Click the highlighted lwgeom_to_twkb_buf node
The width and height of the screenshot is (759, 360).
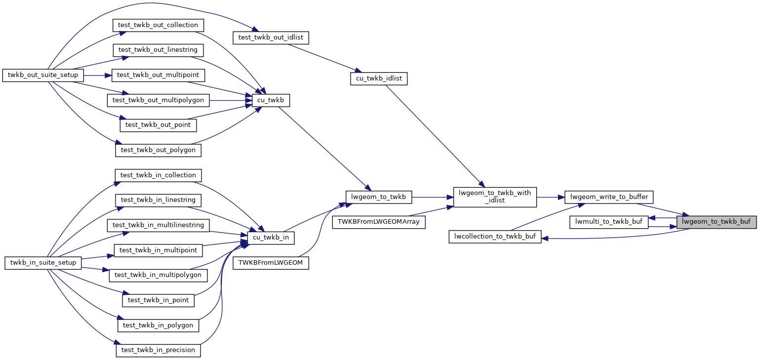pyautogui.click(x=716, y=222)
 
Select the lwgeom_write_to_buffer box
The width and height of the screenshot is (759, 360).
pyautogui.click(x=609, y=197)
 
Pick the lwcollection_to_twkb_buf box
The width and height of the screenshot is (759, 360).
pyautogui.click(x=495, y=236)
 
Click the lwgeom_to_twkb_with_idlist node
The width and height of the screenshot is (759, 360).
pyautogui.click(x=495, y=197)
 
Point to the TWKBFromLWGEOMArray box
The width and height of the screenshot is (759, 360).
pyautogui.click(x=379, y=222)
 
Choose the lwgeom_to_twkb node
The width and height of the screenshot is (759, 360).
pyautogui.click(x=378, y=197)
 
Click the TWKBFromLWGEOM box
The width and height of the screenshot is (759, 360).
pyautogui.click(x=274, y=263)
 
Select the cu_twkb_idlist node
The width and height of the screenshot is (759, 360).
pyautogui.click(x=379, y=78)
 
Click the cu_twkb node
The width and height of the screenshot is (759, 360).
pyautogui.click(x=271, y=100)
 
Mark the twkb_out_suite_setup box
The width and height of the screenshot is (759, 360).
pyautogui.click(x=43, y=75)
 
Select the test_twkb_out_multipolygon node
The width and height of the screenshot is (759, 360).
pyautogui.click(x=158, y=100)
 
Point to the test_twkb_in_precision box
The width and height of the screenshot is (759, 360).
pyautogui.click(x=158, y=350)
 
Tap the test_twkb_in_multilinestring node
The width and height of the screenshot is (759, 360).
pyautogui.click(x=158, y=225)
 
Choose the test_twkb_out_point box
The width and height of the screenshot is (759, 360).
pyautogui.click(x=158, y=125)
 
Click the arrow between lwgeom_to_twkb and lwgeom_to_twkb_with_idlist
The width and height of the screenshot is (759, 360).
pyautogui.click(x=432, y=197)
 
